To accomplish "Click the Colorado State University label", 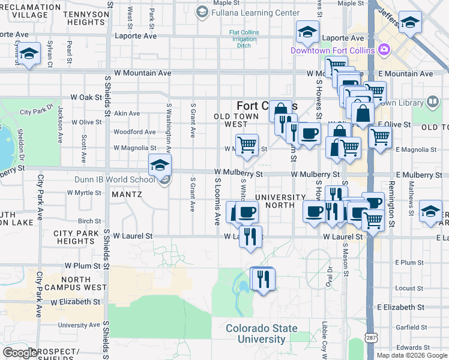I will click(261, 334).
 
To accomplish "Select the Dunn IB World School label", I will click(115, 179).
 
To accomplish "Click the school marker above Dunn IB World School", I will click(160, 166).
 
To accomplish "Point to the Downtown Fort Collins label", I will click(333, 50).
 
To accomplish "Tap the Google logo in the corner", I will click(20, 353).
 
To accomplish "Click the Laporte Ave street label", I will click(135, 36).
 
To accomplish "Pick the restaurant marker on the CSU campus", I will click(263, 279).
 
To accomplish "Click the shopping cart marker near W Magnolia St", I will click(247, 145).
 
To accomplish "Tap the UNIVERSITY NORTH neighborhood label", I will click(280, 202).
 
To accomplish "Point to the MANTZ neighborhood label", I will click(125, 194).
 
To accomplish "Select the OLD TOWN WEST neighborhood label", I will click(228, 120).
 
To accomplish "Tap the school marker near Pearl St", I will click(29, 54).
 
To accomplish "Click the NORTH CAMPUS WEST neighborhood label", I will click(76, 283).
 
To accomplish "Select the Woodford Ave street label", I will click(134, 132).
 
